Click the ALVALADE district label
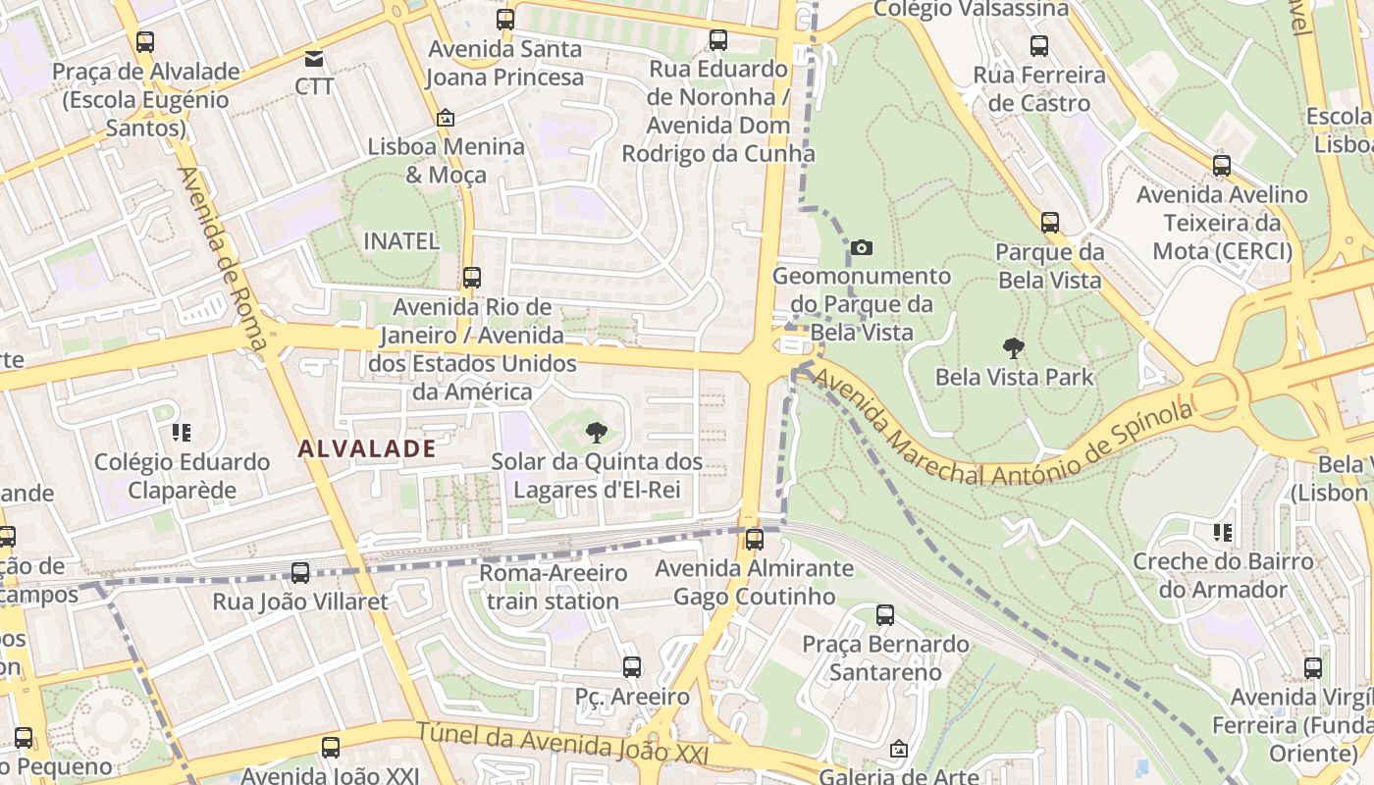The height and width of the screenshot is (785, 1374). pos(367,448)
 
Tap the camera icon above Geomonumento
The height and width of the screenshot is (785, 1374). pos(862,248)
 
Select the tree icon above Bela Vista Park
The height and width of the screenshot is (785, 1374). pos(1013,347)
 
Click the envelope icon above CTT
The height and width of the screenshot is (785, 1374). pos(314,59)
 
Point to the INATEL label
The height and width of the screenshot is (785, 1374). pos(400,240)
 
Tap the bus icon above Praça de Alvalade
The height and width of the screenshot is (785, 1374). pos(145,42)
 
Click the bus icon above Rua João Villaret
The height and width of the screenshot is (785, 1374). pos(300,573)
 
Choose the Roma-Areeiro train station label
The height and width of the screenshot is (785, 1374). pos(553,587)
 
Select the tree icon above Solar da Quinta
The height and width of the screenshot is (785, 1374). pos(596,433)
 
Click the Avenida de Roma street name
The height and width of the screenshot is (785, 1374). pos(221,258)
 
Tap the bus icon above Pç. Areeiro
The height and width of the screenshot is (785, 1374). pos(632,667)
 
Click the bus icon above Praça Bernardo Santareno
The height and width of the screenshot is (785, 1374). pos(885,615)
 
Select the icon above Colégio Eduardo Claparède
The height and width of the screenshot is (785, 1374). pos(181,432)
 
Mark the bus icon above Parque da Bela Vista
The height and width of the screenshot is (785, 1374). pos(1050,223)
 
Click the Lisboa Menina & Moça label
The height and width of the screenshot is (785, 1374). pos(447,160)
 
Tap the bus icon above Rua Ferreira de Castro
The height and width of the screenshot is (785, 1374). pos(1038,45)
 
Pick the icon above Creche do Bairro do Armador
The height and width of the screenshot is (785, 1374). pos(1222,533)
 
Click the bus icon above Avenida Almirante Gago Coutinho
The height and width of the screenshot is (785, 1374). pos(755,539)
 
